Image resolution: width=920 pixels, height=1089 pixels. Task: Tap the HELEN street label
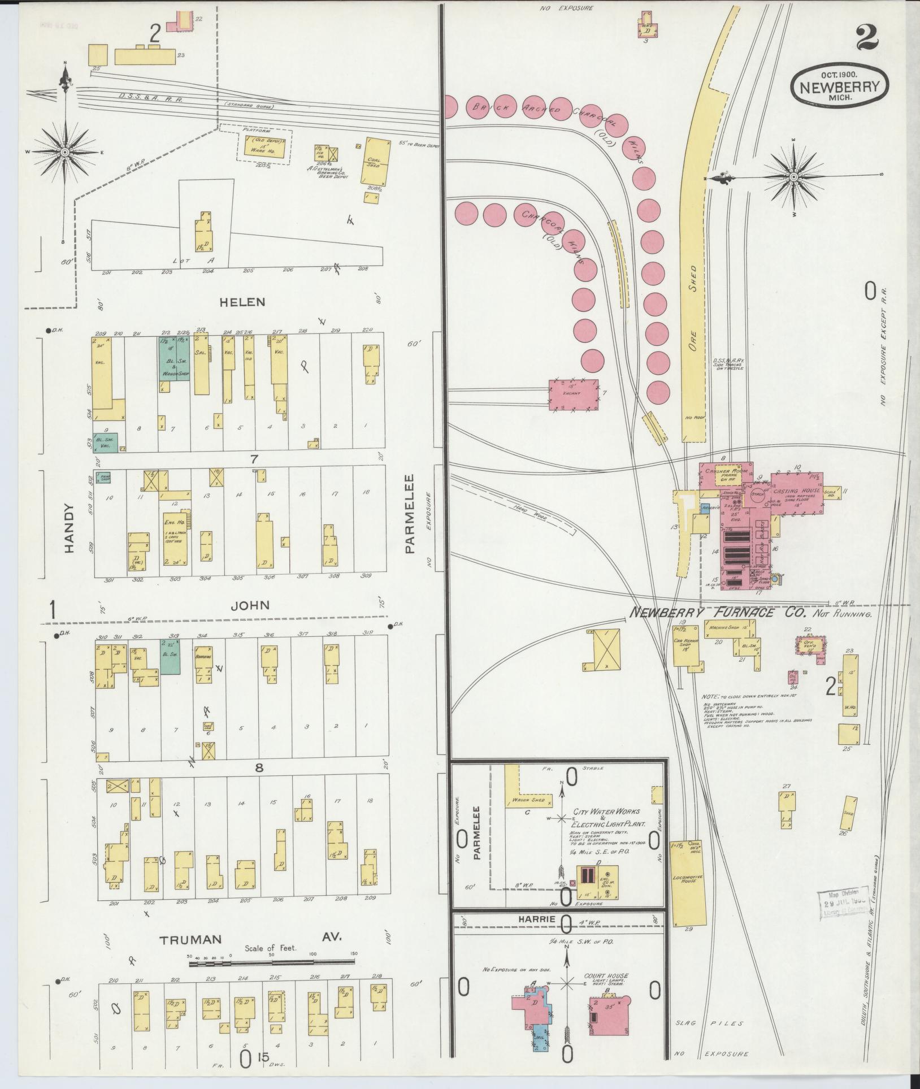242,302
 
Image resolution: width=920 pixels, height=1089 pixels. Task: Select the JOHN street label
250,605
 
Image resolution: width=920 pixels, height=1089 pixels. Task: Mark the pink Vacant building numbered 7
573,394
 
